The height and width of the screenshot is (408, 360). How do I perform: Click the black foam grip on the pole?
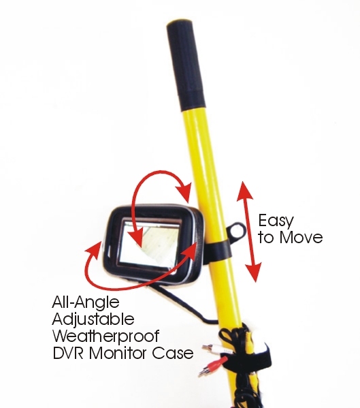(x=186, y=66)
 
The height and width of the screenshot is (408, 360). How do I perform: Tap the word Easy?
(x=276, y=221)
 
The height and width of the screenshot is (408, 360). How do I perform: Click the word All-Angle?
(x=86, y=303)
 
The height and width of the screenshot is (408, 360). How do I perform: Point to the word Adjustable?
(x=93, y=319)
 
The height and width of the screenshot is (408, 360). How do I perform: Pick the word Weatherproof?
(x=106, y=336)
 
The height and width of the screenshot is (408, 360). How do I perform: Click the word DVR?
(x=68, y=353)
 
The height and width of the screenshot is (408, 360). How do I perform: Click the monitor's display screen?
(x=150, y=243)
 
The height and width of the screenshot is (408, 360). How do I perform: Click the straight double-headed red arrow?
(x=249, y=232)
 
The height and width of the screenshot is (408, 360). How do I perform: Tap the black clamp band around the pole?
(x=219, y=249)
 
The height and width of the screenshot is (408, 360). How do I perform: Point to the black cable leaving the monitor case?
(x=182, y=304)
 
